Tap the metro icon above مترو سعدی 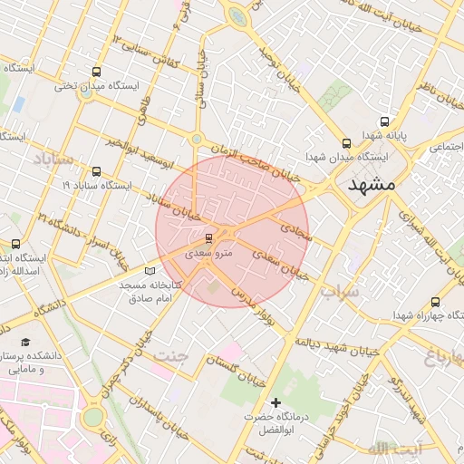click(210, 238)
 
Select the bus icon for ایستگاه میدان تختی click(97, 72)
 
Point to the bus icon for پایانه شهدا click(384, 121)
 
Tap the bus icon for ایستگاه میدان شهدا click(346, 143)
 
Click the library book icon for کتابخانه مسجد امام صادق click(150, 271)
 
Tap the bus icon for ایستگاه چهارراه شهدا click(436, 302)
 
